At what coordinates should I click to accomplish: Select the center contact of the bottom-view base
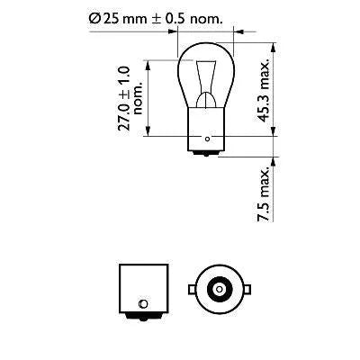click(217, 289)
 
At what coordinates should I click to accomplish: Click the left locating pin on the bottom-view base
click(189, 289)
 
